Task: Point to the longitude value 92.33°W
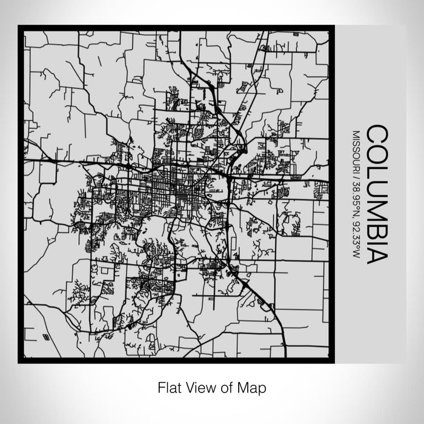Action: click(x=357, y=230)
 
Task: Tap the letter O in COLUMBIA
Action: click(x=376, y=153)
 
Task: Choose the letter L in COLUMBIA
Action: click(x=376, y=170)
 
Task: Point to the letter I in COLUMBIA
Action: click(x=376, y=237)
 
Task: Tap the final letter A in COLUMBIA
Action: click(x=376, y=250)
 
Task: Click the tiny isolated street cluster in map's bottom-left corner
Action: click(x=46, y=335)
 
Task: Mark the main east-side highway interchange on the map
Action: click(x=227, y=176)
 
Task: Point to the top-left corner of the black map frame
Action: click(x=20, y=27)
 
